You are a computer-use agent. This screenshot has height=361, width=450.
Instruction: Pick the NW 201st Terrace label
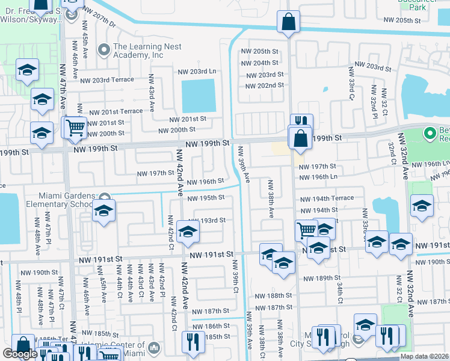pyautogui.click(x=116, y=111)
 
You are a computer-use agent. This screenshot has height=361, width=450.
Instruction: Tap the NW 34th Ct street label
pyautogui.click(x=340, y=292)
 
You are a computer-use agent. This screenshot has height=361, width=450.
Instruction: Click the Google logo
pyautogui.click(x=20, y=354)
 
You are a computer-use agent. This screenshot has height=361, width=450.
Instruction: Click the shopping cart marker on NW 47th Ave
pyautogui.click(x=75, y=128)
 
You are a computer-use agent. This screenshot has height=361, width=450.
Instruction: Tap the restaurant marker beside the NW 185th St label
pyautogui.click(x=193, y=342)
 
